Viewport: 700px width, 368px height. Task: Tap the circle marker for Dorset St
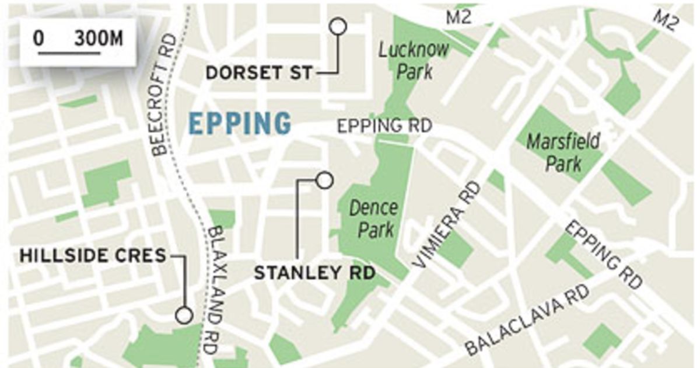338,26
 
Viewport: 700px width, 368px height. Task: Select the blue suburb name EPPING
240,124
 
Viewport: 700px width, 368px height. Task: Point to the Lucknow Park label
414,60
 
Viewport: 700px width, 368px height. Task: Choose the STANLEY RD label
314,273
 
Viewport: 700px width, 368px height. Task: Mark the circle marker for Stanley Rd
324,180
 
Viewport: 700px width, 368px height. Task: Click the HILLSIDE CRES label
93,255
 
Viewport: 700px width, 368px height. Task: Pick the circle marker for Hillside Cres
184,315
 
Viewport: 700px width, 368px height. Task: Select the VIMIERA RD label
448,225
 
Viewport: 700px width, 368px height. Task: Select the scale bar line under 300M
69,53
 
